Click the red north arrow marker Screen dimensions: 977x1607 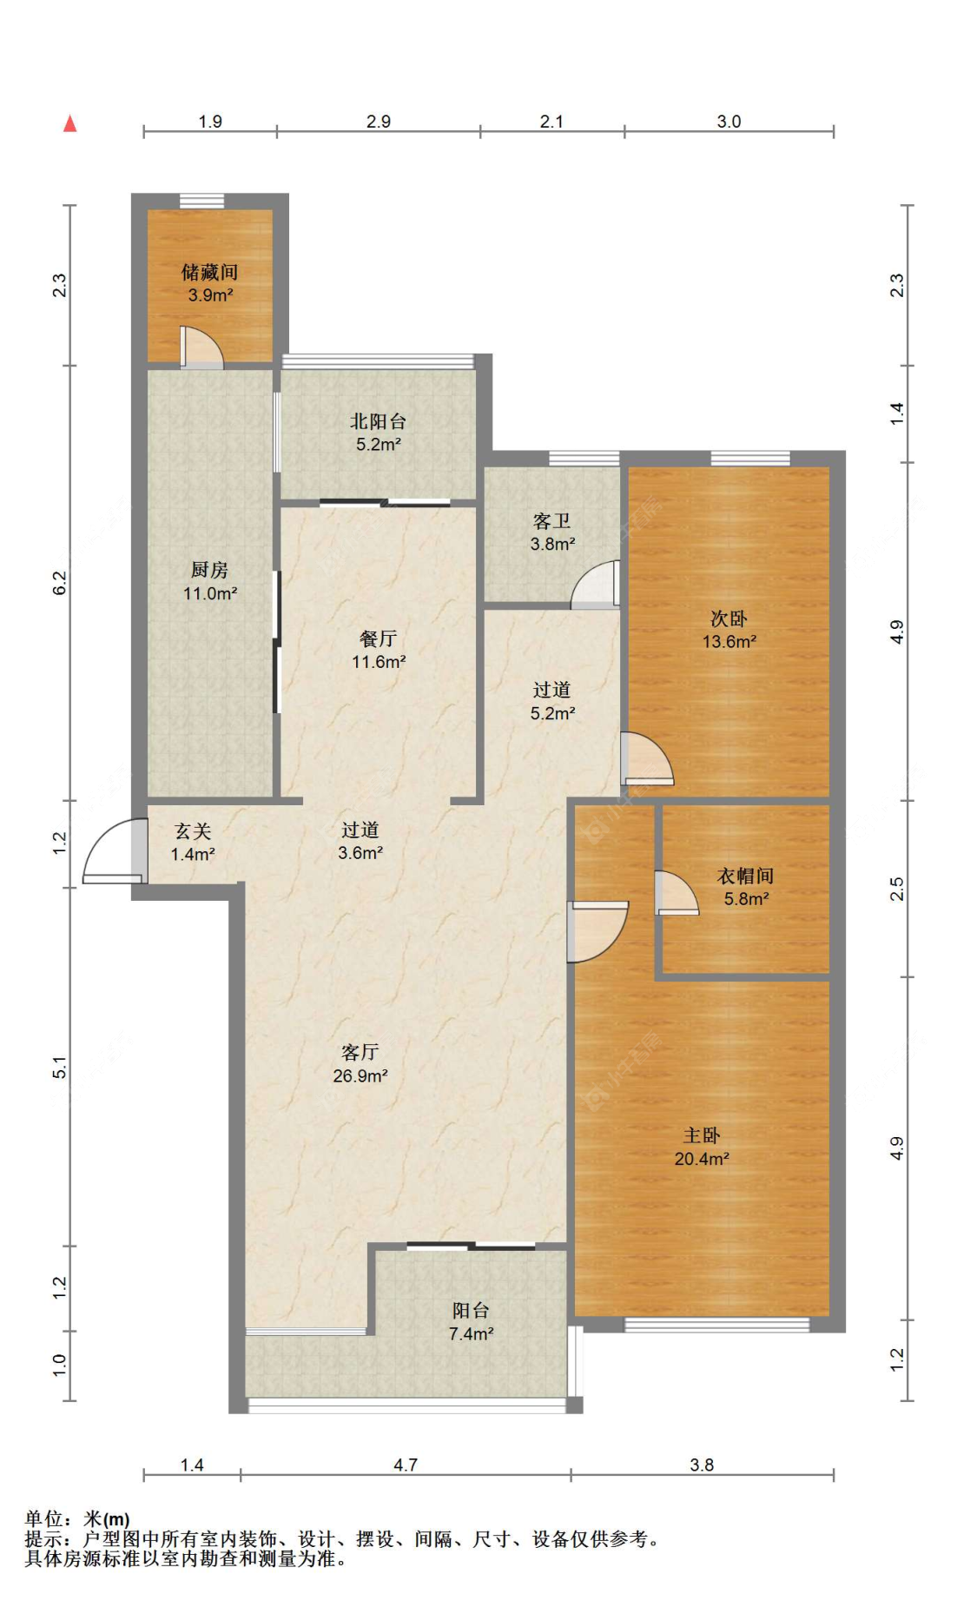70,123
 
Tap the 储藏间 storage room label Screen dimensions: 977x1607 209,272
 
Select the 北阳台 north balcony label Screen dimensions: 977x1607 378,421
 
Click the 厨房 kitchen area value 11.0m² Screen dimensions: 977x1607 210,593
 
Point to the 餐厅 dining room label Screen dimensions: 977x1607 378,638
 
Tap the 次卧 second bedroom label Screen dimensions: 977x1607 729,618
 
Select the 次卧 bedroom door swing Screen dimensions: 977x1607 647,759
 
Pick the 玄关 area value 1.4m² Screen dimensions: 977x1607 193,854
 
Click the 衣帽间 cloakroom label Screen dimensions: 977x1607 745,876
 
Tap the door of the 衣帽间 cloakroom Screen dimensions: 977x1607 677,892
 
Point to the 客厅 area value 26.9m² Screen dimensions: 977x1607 360,1075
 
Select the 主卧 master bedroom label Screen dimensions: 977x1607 702,1135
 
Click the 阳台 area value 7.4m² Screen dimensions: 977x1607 472,1333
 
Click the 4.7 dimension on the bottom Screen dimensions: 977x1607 406,1465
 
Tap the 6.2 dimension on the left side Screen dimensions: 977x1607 59,583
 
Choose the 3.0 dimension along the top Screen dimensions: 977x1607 729,122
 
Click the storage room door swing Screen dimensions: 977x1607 201,347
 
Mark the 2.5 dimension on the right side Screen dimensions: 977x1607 897,889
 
